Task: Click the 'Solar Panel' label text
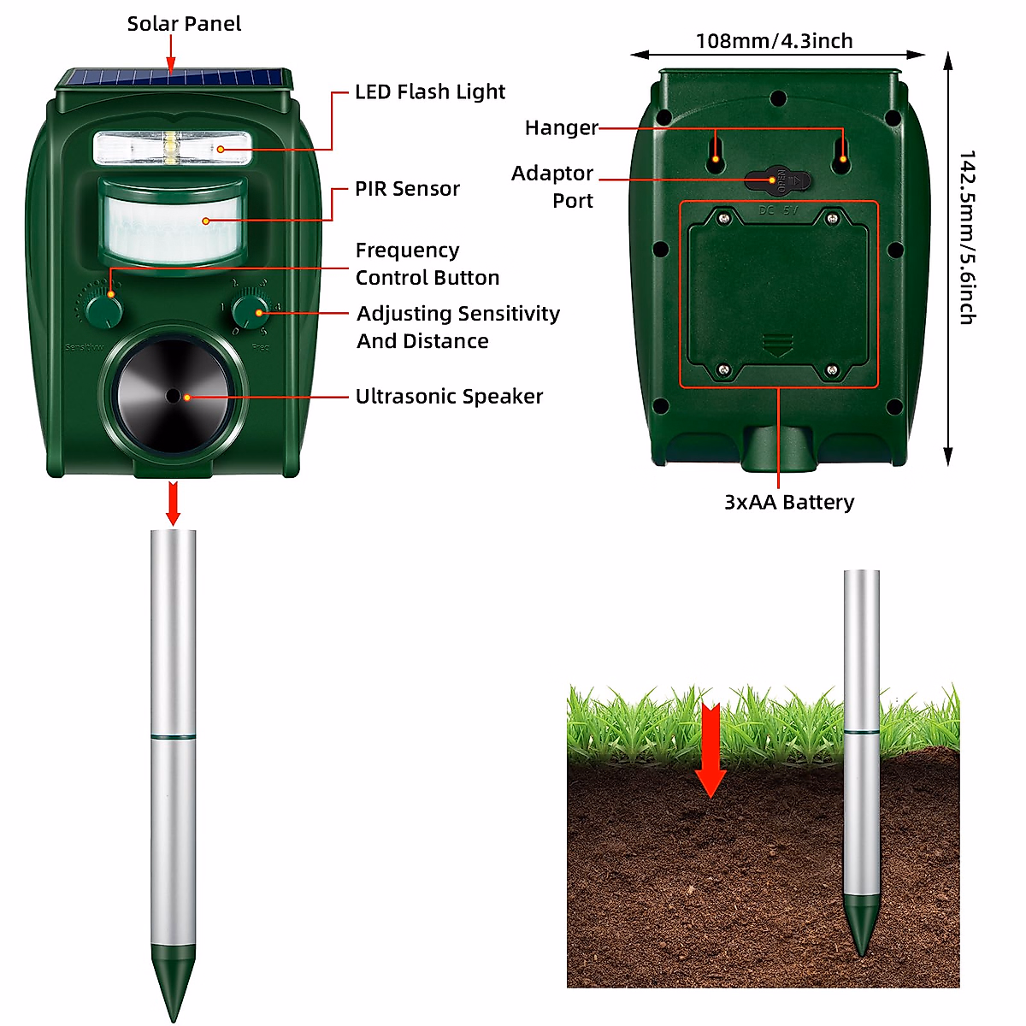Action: (184, 24)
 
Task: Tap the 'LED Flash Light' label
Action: (430, 91)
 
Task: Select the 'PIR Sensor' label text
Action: (407, 189)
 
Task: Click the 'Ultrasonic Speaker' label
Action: (449, 397)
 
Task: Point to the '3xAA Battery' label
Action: (789, 503)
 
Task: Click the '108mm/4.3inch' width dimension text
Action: (774, 41)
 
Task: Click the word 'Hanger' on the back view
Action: (561, 128)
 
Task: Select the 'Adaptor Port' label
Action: (553, 186)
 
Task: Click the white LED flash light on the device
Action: (172, 149)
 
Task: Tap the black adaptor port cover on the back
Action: (777, 180)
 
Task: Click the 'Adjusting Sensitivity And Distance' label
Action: (457, 327)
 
